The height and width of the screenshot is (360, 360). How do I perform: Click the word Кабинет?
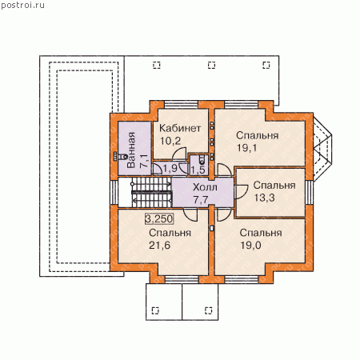180,128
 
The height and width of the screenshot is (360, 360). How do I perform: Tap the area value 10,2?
170,141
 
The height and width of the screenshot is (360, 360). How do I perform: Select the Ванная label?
131,150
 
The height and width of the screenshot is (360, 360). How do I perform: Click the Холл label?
205,187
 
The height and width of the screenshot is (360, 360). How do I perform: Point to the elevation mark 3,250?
159,218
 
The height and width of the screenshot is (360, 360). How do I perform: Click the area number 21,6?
159,245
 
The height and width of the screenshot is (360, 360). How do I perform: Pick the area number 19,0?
251,245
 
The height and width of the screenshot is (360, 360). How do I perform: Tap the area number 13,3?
264,198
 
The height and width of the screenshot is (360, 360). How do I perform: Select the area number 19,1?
247,148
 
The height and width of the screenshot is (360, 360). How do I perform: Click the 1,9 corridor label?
170,169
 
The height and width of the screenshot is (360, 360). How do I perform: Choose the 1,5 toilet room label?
198,170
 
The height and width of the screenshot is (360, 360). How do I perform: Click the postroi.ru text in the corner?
22,6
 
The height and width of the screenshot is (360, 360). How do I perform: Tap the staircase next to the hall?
152,191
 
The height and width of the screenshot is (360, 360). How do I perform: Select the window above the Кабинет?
181,105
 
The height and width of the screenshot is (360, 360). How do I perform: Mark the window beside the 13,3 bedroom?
310,193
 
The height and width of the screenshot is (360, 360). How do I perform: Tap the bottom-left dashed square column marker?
155,310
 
